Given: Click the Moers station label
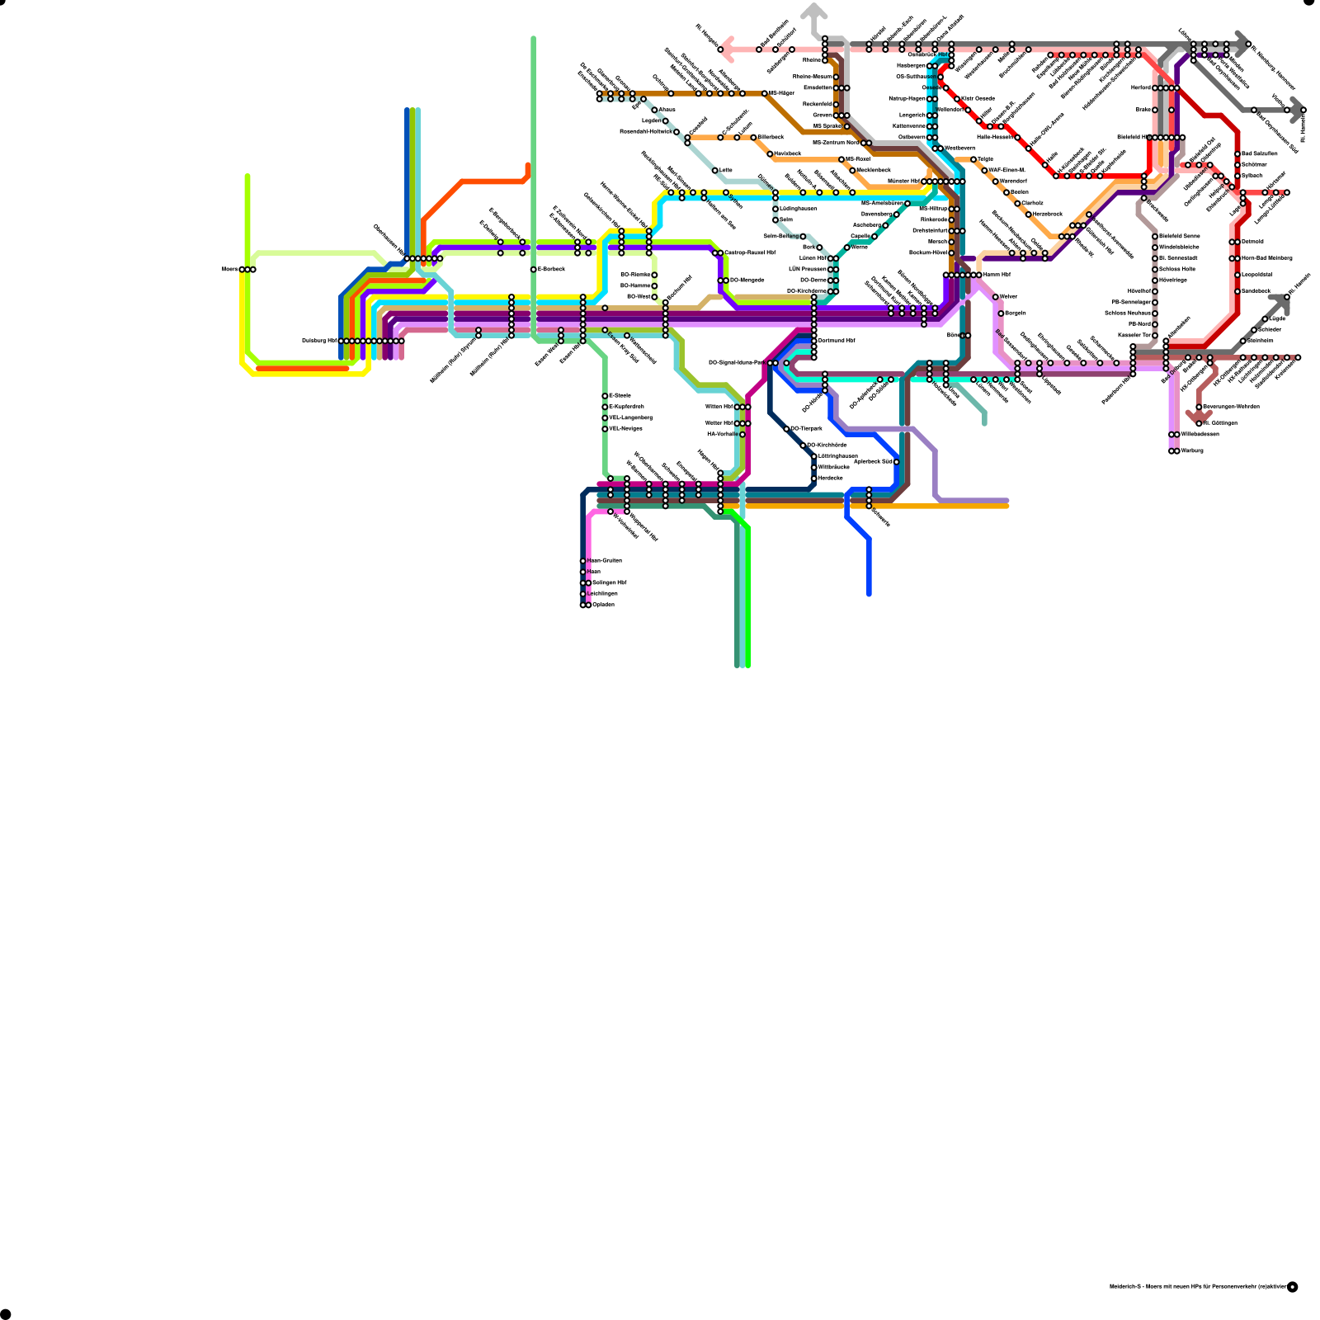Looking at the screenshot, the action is [230, 269].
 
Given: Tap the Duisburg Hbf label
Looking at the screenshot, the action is [319, 341].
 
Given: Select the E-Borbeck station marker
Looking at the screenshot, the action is [534, 269].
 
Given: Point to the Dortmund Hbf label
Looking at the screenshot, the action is [837, 340].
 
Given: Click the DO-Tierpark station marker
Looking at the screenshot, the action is [787, 429].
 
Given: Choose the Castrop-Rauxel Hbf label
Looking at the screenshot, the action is [750, 252].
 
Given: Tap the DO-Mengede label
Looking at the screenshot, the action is [747, 280].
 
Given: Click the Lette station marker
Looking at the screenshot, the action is [715, 171].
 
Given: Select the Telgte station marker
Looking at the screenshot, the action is [973, 159].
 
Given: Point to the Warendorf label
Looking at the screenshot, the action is [1013, 181].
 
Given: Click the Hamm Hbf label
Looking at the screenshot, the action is [997, 275].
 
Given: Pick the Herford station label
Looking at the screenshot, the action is [1141, 87].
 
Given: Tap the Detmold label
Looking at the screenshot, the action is [1252, 242].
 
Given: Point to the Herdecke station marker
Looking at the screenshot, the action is [814, 478].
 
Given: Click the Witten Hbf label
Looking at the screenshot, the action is [719, 407].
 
